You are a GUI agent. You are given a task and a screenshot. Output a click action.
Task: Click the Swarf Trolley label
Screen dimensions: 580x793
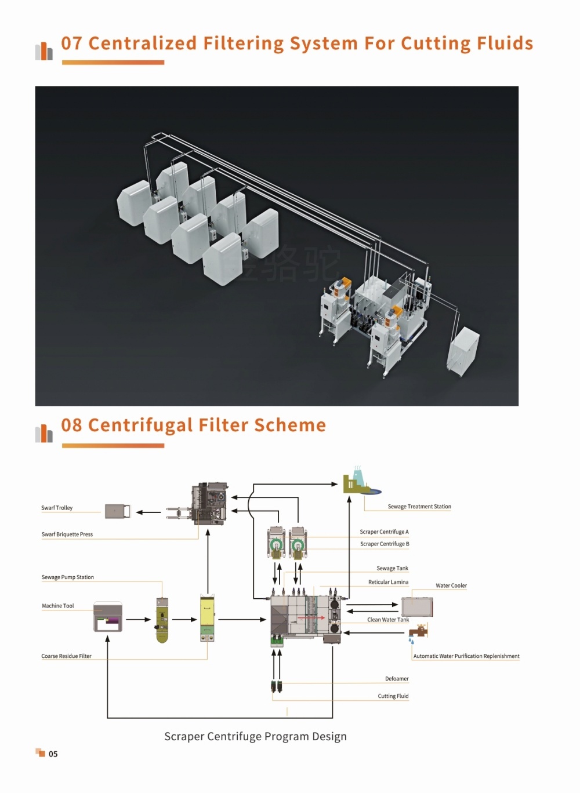coord(57,508)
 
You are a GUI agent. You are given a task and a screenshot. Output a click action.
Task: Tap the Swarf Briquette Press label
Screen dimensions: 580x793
coord(67,534)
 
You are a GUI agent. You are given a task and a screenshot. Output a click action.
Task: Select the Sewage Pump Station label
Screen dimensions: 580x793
coord(68,577)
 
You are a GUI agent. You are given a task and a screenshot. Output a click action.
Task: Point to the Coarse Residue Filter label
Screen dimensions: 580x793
coord(66,656)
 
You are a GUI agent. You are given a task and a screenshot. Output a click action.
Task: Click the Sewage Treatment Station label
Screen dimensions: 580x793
coord(419,507)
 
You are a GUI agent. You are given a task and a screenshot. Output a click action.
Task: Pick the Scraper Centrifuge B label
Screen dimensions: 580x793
coord(385,544)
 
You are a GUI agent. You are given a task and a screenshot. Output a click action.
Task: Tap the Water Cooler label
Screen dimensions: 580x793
coord(451,585)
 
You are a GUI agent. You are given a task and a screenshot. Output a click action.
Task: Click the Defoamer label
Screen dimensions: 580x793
coord(397,679)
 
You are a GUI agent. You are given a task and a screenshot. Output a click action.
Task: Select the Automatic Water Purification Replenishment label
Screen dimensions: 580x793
coord(466,656)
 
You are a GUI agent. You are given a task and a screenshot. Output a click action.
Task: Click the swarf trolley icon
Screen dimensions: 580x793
coord(118,511)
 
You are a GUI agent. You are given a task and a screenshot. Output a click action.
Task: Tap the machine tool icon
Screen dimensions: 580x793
coord(108,616)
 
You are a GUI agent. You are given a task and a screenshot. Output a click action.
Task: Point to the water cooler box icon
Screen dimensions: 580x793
coord(417,607)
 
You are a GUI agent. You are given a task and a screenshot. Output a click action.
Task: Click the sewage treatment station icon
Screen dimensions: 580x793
coord(361,480)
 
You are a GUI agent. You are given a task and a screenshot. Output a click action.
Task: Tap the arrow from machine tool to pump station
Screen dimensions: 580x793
coord(138,620)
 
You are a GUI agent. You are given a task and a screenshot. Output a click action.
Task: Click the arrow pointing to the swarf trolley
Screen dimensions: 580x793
coord(148,512)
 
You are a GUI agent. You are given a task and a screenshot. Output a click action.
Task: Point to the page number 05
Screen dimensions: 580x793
coord(53,754)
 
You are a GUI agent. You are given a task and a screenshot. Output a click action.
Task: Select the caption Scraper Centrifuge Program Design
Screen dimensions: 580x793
coord(255,736)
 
